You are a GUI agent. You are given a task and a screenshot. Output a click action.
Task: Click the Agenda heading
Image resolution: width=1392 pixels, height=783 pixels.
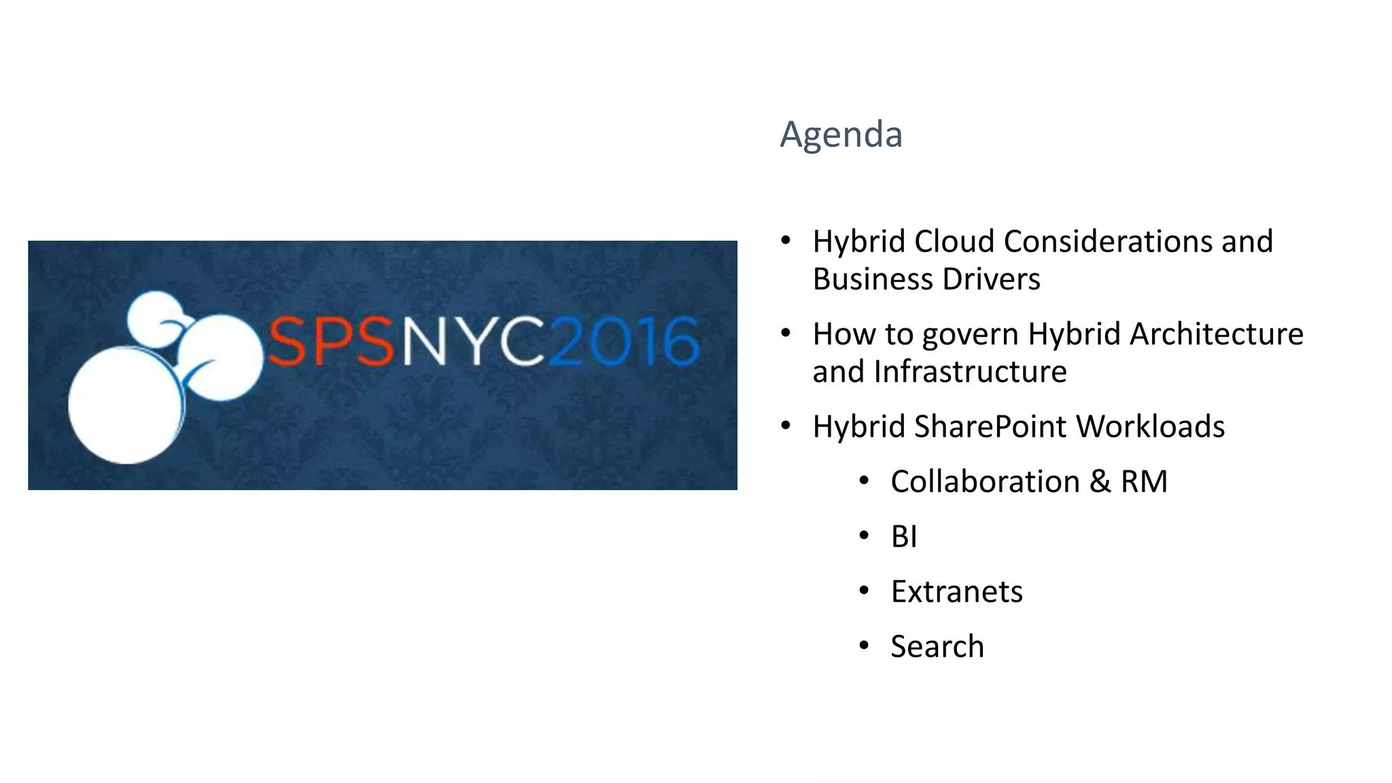coord(841,134)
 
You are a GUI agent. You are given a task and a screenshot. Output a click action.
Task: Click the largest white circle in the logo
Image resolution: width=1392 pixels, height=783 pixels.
coord(125,405)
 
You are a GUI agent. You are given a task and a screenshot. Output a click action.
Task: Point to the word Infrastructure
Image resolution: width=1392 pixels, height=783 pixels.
coord(970,372)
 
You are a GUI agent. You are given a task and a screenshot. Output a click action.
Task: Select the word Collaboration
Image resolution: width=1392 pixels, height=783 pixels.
coord(985,482)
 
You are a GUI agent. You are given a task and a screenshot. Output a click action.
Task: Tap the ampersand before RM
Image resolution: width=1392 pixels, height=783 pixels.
coord(1100,482)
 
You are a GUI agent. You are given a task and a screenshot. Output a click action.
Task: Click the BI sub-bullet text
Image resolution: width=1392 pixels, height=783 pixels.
coord(904,537)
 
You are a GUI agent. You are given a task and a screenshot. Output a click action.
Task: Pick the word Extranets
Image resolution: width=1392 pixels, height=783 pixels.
coord(956,592)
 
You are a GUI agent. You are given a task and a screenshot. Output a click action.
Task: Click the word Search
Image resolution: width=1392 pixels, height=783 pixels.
coord(937,646)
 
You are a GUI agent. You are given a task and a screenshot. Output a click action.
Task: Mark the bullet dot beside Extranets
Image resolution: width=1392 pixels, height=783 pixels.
coord(864,591)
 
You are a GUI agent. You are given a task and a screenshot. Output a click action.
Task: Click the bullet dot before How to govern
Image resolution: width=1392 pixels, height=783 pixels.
coord(786,333)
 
